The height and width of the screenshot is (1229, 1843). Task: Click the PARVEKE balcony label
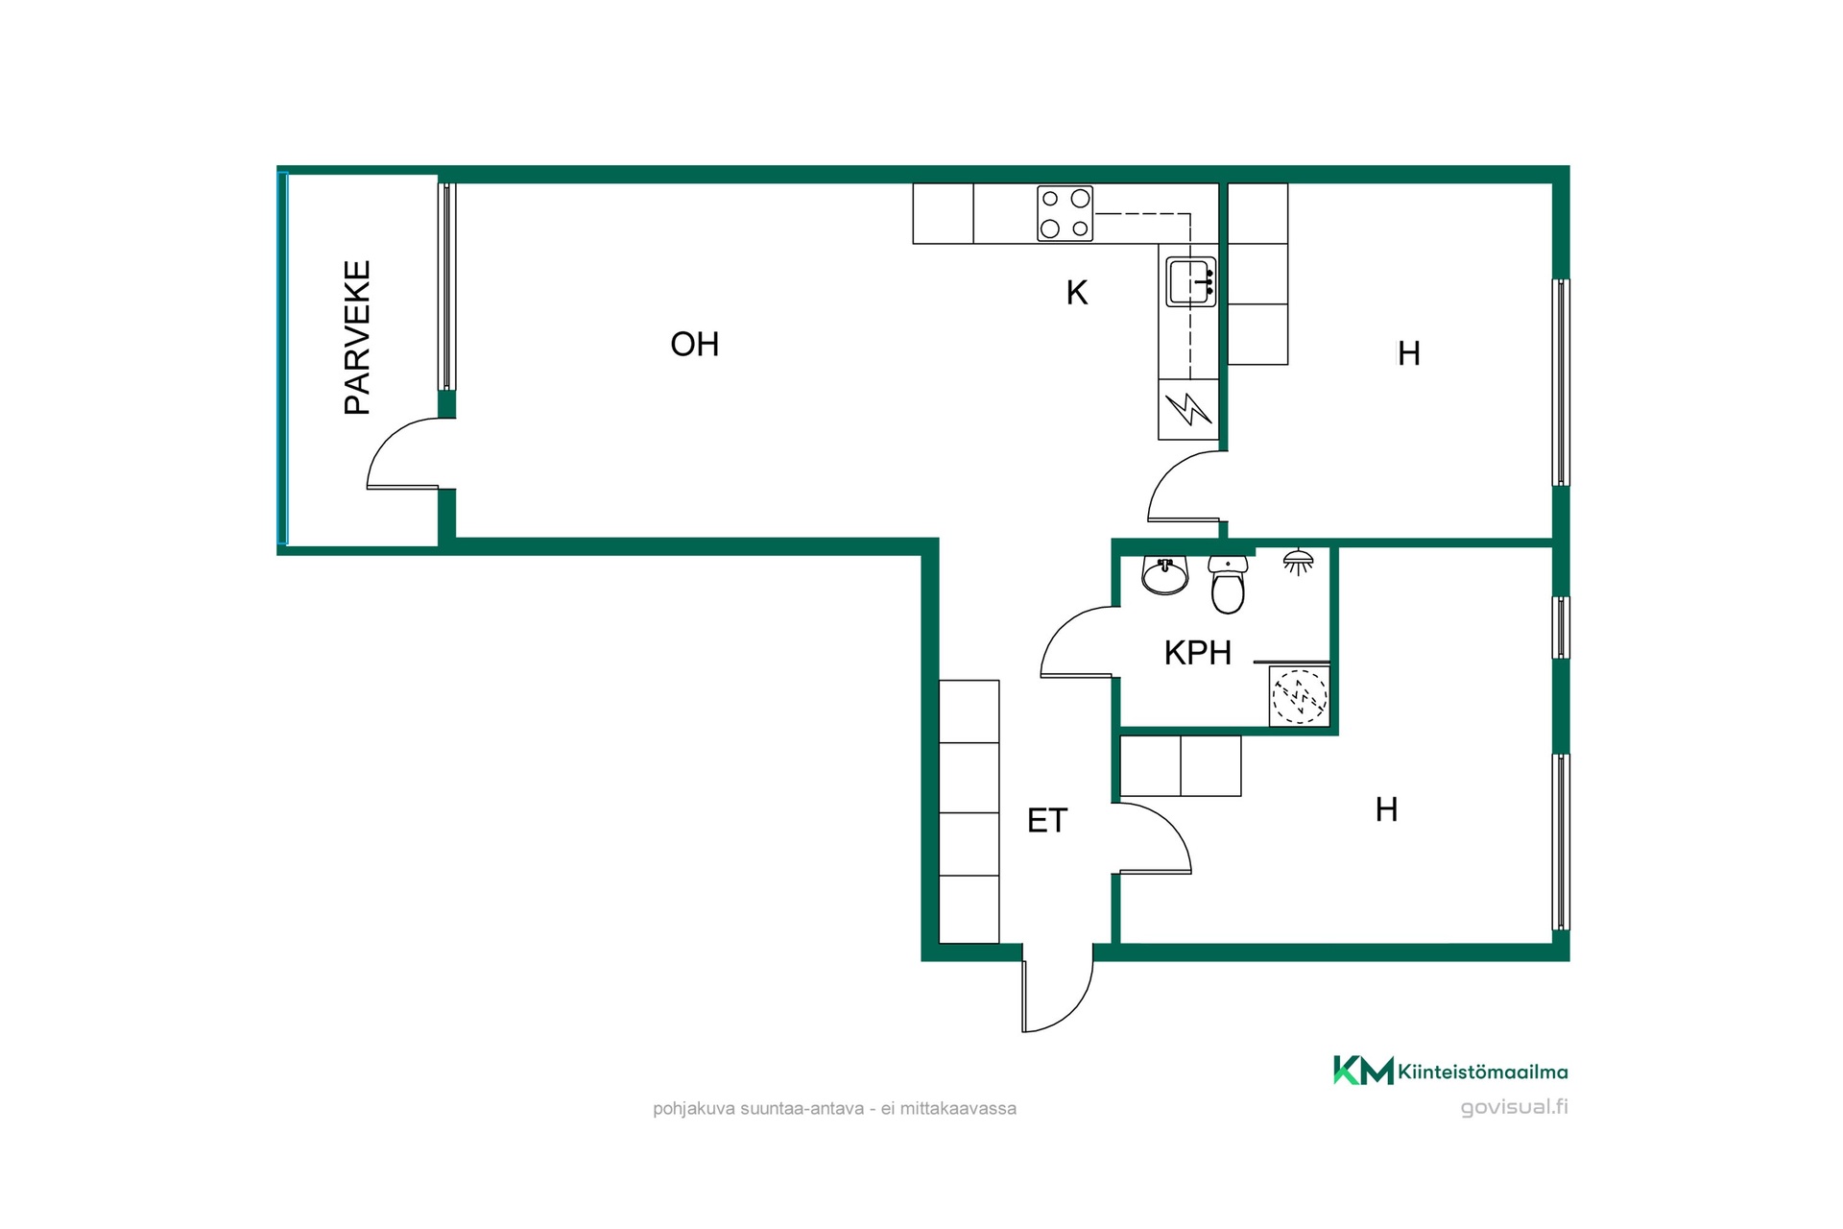(x=357, y=337)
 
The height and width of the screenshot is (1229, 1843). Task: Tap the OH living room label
(x=695, y=344)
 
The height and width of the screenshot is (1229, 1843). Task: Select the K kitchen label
(x=1077, y=293)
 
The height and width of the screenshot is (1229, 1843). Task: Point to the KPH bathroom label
(x=1198, y=653)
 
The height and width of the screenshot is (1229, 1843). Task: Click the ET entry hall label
(x=1047, y=821)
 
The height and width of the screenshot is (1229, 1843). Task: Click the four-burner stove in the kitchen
(x=1065, y=213)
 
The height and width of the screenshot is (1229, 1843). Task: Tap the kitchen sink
(x=1191, y=282)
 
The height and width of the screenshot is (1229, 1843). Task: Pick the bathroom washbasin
(x=1165, y=576)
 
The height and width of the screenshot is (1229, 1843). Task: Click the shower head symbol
(x=1299, y=563)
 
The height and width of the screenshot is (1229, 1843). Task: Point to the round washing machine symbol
(x=1300, y=696)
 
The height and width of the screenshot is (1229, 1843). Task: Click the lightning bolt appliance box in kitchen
(x=1188, y=410)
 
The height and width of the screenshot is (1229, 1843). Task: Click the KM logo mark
(x=1363, y=1071)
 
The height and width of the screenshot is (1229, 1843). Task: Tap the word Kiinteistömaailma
(x=1483, y=1072)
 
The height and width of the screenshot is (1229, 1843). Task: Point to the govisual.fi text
(x=1514, y=1107)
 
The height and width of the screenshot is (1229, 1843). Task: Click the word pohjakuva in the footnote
(x=694, y=1109)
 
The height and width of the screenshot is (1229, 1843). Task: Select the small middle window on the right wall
(x=1562, y=628)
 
